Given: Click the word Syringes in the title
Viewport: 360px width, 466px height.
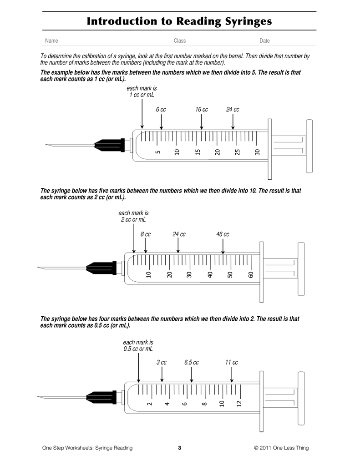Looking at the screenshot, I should pos(243,21).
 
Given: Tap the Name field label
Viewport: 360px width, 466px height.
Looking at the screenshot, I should pos(51,41).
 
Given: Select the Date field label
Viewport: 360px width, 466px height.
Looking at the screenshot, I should pos(264,41).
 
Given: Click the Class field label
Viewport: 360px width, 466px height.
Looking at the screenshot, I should pos(180,41).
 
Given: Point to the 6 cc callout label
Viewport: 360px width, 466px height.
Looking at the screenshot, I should pos(161,110).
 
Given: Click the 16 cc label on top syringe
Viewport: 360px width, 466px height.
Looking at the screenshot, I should pos(202,110).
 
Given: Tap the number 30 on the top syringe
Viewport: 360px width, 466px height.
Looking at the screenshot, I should pos(257,152).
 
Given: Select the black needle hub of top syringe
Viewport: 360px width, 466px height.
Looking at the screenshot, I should pos(109,145).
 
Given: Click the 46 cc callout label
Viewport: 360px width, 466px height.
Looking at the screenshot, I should pos(223,234).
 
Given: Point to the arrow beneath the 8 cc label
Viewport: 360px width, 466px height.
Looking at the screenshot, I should pos(146,246).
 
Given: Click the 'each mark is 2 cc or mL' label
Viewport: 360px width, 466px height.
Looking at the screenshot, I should pos(133,216).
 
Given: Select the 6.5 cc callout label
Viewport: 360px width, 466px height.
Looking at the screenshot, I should pos(192,363).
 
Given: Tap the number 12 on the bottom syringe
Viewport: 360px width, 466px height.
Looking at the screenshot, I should pos(239,404).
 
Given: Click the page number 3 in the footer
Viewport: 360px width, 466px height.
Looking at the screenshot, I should pos(180,448).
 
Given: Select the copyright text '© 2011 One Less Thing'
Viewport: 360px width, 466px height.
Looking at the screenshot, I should pos(281,448).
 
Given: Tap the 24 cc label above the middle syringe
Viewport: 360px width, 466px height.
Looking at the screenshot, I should pos(179,234).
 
